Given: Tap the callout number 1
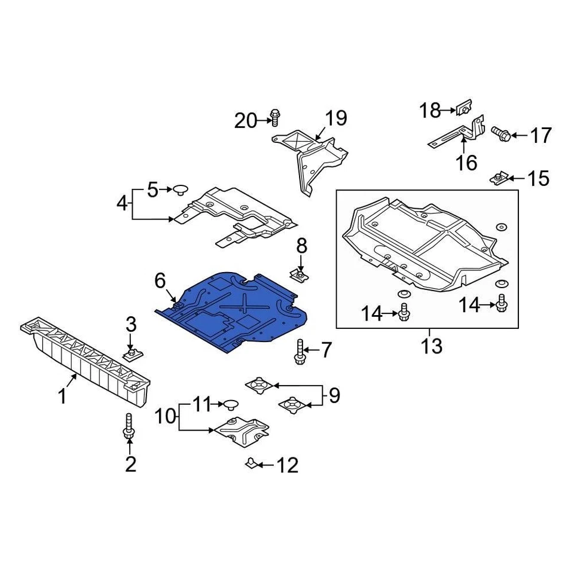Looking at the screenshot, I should click(63, 396).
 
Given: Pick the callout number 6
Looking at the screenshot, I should click(160, 280).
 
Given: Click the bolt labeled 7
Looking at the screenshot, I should click(299, 351).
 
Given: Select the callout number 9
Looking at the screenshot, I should click(334, 395).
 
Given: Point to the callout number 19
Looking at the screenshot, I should click(336, 118).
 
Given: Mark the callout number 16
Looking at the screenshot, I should click(467, 162).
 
